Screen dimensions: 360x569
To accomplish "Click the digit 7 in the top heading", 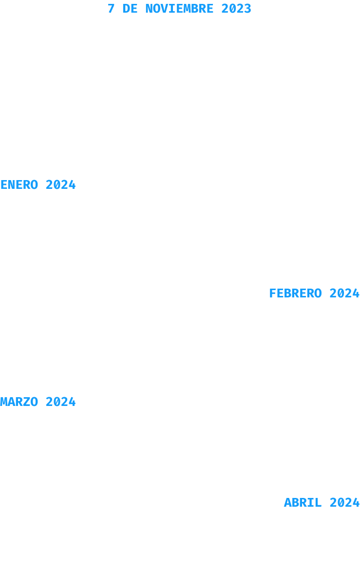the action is tap(111, 9).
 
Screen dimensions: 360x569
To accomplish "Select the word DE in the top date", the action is tap(130, 9).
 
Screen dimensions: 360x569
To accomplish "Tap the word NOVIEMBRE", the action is tap(179, 9).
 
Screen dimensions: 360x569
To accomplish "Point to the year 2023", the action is tap(236, 9).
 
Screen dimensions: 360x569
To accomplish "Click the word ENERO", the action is tap(19, 184).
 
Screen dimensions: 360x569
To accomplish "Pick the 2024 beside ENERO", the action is tap(61, 184).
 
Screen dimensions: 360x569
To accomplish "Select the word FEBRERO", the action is tap(295, 293).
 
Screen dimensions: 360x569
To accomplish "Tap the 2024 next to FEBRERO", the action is tap(344, 293).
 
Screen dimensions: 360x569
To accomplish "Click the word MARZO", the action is tap(19, 402).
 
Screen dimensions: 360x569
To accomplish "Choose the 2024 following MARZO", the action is tap(61, 402).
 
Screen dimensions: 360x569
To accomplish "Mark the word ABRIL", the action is tap(303, 503).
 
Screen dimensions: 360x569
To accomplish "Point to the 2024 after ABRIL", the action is tap(344, 503).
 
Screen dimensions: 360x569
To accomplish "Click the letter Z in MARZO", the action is tap(27, 402).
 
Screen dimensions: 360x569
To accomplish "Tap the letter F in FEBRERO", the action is tap(273, 293).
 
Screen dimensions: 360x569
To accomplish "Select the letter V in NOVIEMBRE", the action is tap(165, 9).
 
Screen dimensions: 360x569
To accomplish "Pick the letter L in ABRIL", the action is tap(318, 503).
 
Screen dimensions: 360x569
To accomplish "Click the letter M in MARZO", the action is tap(4, 402).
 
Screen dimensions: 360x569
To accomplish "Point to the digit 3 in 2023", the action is tap(247, 9).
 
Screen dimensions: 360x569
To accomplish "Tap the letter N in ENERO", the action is tap(12, 184).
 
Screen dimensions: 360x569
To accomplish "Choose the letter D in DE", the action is tap(127, 9).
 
